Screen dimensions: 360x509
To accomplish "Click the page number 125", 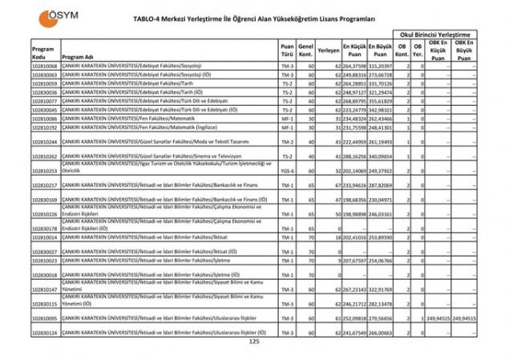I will (255, 342).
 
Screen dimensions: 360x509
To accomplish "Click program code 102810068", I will (45, 65).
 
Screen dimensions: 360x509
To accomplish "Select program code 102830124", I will (45, 332).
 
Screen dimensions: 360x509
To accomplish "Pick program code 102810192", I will (45, 127).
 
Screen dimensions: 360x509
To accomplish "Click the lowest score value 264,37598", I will (354, 65).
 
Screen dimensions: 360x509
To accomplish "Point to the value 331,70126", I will (381, 83).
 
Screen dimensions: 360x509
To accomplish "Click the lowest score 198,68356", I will (354, 200).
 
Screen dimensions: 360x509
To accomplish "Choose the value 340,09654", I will (381, 156).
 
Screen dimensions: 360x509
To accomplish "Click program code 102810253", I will (45, 171).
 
